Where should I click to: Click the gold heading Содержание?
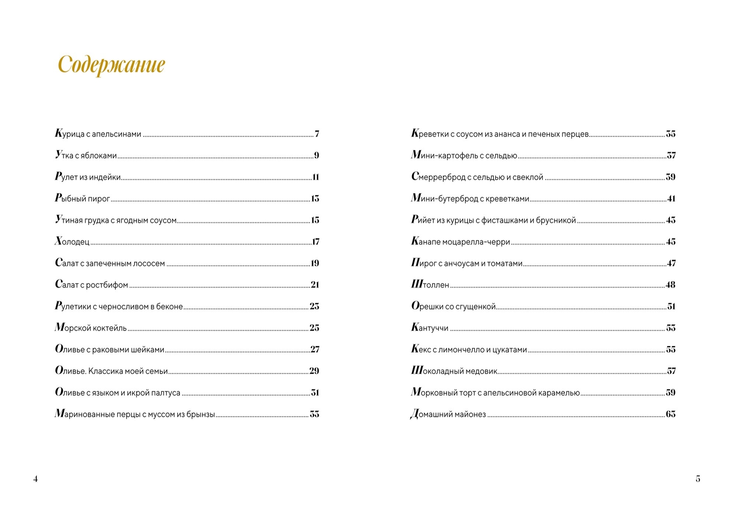(x=111, y=65)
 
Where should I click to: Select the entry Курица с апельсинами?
(x=98, y=134)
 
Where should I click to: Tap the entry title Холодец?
(x=72, y=242)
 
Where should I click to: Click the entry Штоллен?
(x=430, y=285)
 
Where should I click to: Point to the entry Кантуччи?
(x=430, y=328)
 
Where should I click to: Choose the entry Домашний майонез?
(x=448, y=414)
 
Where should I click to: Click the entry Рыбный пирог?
(x=83, y=199)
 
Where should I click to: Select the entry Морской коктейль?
(x=91, y=328)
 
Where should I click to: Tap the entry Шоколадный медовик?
(x=454, y=371)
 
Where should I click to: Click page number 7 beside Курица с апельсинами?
(x=317, y=134)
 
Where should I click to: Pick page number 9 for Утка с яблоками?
(x=316, y=156)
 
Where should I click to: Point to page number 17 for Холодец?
(x=315, y=242)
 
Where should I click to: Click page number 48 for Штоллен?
(x=671, y=285)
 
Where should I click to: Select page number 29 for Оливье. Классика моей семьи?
(x=314, y=371)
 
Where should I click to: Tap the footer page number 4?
(x=35, y=479)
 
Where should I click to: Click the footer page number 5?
(x=698, y=479)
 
